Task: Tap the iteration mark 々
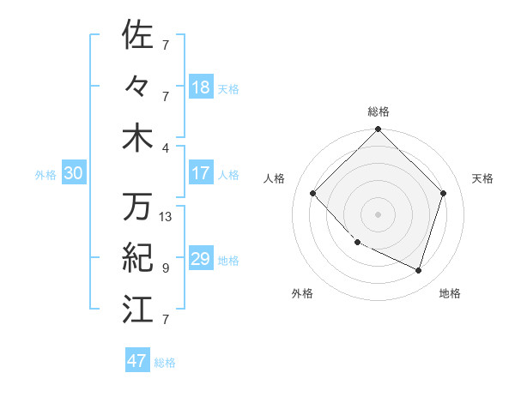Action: [x=138, y=86]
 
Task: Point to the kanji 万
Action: [x=138, y=207]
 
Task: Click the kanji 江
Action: [x=138, y=308]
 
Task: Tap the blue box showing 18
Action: [x=201, y=87]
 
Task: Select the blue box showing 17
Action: [x=201, y=173]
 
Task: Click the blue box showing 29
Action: [x=201, y=259]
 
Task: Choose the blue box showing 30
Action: [x=73, y=173]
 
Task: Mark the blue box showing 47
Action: [x=137, y=361]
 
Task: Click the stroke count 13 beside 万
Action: [x=166, y=217]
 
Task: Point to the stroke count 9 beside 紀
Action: [x=165, y=268]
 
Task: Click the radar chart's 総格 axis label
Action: [x=378, y=111]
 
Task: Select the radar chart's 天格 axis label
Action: [x=482, y=178]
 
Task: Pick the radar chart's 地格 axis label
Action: [x=450, y=293]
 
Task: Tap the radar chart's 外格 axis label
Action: [x=302, y=293]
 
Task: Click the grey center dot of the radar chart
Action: [x=378, y=214]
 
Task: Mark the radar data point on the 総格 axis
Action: [x=378, y=130]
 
